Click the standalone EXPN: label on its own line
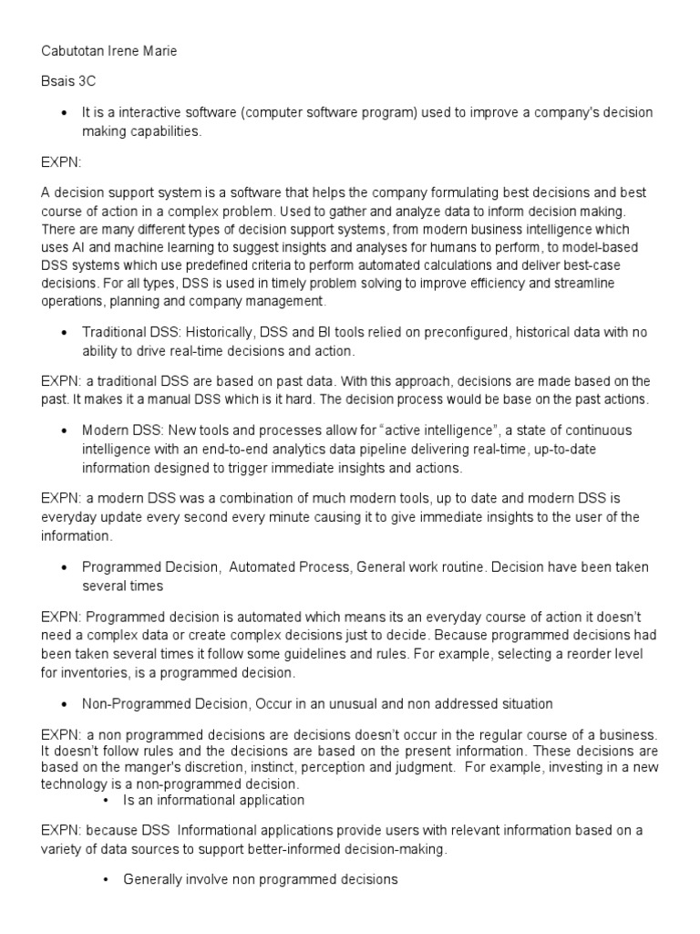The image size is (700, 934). tap(60, 161)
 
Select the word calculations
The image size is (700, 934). tap(422, 265)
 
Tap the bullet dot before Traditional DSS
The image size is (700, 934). tap(64, 333)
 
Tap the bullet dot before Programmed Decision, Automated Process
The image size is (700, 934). tap(64, 567)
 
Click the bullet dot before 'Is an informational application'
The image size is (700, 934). tap(106, 800)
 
